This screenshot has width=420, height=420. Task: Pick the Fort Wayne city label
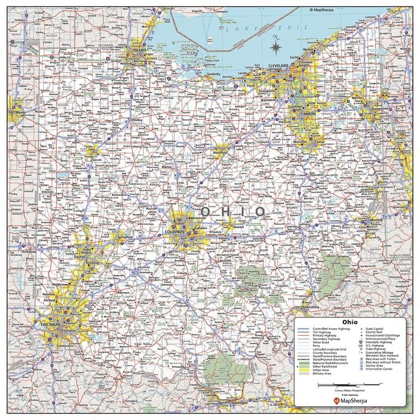[16, 112]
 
